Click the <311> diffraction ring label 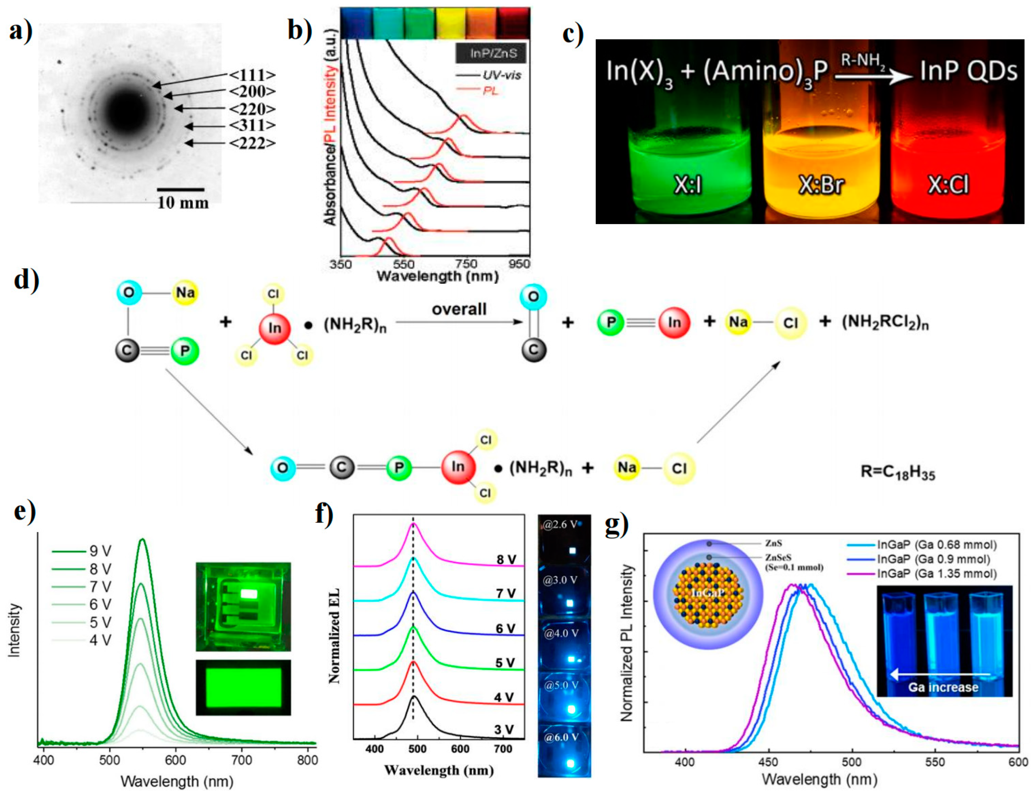click(252, 126)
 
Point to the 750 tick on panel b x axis click(465, 263)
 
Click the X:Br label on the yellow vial click(821, 185)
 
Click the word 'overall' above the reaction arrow click(459, 309)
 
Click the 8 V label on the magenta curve click(506, 560)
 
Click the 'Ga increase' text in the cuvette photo click(943, 687)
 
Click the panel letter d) click(26, 280)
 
